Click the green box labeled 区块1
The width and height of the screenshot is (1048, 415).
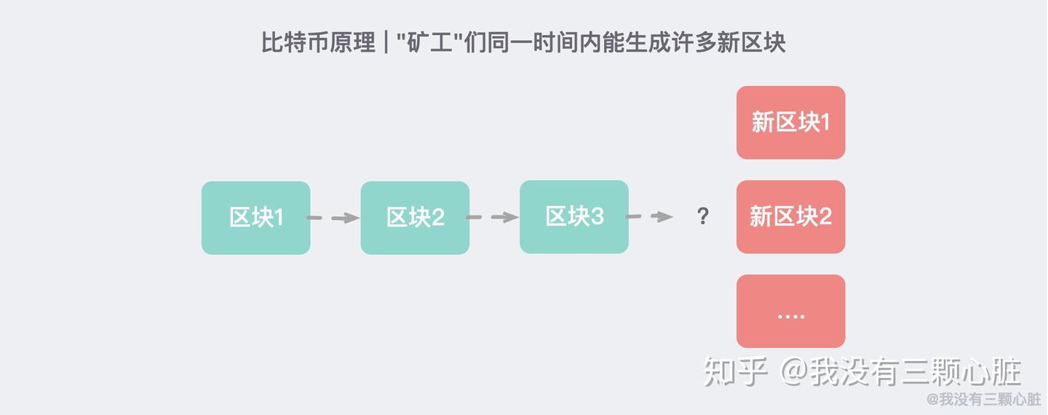(x=255, y=218)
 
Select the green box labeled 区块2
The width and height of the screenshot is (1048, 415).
(x=415, y=218)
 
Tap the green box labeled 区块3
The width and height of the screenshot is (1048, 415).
(x=573, y=216)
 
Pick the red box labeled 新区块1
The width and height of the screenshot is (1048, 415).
(x=790, y=122)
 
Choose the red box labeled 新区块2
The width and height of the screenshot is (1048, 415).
(x=790, y=216)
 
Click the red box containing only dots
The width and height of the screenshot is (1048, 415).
(x=790, y=311)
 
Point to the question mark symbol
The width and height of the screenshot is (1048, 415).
(x=702, y=216)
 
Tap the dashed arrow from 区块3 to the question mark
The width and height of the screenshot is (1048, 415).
(x=650, y=216)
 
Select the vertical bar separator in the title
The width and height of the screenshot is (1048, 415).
(x=385, y=42)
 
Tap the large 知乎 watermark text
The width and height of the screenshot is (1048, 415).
(x=735, y=372)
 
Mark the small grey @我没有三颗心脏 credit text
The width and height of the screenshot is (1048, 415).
(x=984, y=399)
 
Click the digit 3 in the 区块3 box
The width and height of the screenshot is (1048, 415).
(x=597, y=216)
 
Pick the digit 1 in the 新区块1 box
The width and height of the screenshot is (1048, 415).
(x=825, y=122)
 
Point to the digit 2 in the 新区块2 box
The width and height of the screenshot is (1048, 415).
(x=825, y=216)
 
